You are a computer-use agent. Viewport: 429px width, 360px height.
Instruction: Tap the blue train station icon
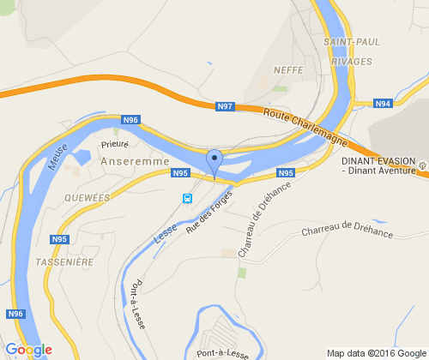point(186,198)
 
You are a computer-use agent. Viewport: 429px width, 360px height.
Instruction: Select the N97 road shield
point(224,105)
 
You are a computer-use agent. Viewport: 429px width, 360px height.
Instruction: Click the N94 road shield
point(383,104)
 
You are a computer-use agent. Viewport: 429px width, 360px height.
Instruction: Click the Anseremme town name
point(135,160)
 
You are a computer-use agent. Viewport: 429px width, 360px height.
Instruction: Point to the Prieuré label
point(114,145)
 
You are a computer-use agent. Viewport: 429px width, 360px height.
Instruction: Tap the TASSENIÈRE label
point(64,261)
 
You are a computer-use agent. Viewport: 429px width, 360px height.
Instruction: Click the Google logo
point(28,350)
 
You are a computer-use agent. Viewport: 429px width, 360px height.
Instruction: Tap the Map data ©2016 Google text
point(376,352)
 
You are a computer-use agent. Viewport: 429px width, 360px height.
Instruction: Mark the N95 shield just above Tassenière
point(59,239)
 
